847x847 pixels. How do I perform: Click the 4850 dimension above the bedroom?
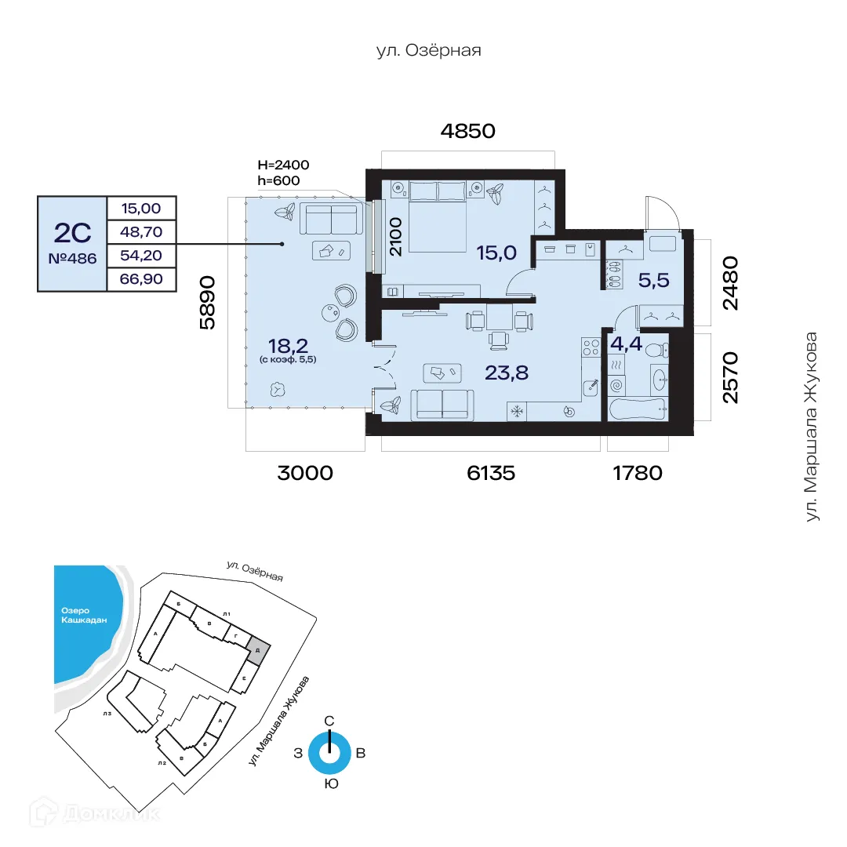click(468, 131)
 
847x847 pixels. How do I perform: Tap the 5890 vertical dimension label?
click(207, 302)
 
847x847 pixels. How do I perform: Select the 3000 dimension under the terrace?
click(305, 473)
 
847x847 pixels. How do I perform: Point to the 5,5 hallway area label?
click(653, 280)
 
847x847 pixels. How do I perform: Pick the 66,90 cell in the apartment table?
click(141, 278)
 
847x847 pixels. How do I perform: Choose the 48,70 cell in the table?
click(141, 231)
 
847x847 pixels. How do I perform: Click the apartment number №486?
click(72, 258)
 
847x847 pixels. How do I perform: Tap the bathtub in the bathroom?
click(638, 409)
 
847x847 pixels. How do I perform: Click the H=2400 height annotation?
click(283, 165)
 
